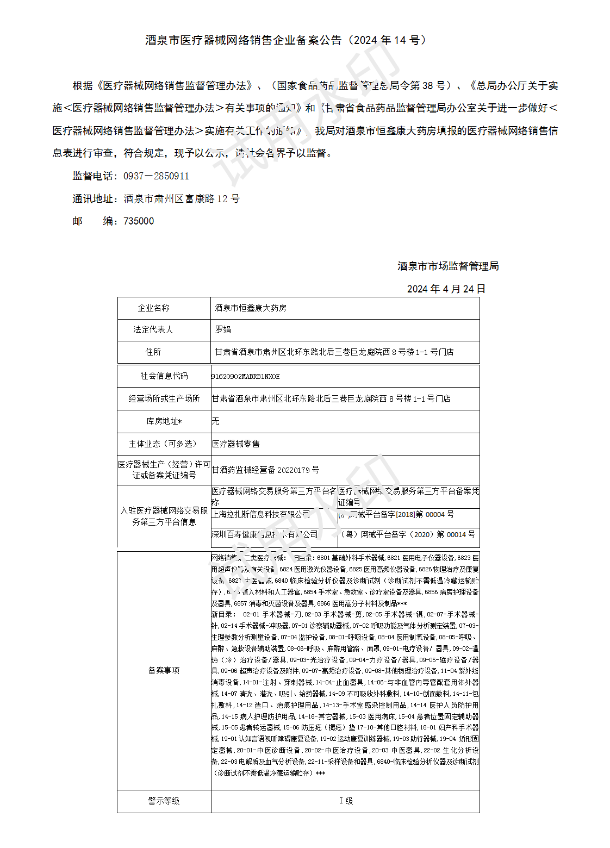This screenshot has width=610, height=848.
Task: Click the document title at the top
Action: [x=287, y=40]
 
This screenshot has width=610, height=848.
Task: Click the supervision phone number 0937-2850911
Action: [x=156, y=176]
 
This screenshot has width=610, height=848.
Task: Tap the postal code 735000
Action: [x=139, y=221]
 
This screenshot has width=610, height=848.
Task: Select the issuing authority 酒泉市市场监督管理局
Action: [x=448, y=266]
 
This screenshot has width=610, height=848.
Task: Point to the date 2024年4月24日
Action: [x=446, y=289]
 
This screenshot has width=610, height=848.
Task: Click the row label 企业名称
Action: [x=153, y=308]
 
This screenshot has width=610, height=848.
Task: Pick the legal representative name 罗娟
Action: [x=223, y=329]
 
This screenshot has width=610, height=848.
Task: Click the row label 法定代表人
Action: [x=153, y=329]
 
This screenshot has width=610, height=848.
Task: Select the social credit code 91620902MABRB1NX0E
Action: [x=246, y=376]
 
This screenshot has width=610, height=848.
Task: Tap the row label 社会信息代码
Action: [x=164, y=376]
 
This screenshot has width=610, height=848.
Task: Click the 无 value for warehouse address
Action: [x=216, y=421]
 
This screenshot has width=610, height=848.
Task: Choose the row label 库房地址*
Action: [x=164, y=421]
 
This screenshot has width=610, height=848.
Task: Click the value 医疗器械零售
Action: [x=236, y=444]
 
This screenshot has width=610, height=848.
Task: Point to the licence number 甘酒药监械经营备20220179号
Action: [x=265, y=470]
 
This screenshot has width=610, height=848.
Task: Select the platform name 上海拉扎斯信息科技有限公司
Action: [x=261, y=514]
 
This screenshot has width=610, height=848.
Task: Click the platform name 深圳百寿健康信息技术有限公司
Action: [x=265, y=535]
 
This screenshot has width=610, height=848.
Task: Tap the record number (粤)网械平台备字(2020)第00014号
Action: [x=407, y=535]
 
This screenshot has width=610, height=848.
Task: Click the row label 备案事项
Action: [x=164, y=671]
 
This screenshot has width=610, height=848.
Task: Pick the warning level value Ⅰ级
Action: [x=346, y=801]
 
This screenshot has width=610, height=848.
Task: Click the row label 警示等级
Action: [x=164, y=801]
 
